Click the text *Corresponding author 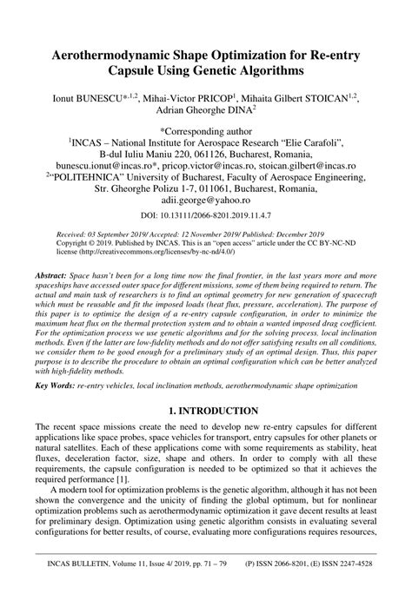click(x=206, y=128)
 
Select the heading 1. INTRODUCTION click(x=206, y=409)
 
